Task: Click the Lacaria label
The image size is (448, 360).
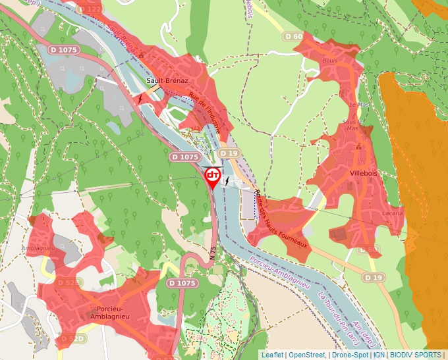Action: pos(391,214)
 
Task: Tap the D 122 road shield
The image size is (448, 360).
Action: pos(90,9)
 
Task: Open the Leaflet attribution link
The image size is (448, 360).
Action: pos(272,355)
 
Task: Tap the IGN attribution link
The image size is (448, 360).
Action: pos(379,355)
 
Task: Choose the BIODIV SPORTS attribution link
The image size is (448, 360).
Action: pos(416,355)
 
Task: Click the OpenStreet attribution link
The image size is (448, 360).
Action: pos(307,355)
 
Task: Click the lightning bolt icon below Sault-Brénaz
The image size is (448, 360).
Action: pos(140,99)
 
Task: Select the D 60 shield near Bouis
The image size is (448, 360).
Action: pos(293,36)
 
